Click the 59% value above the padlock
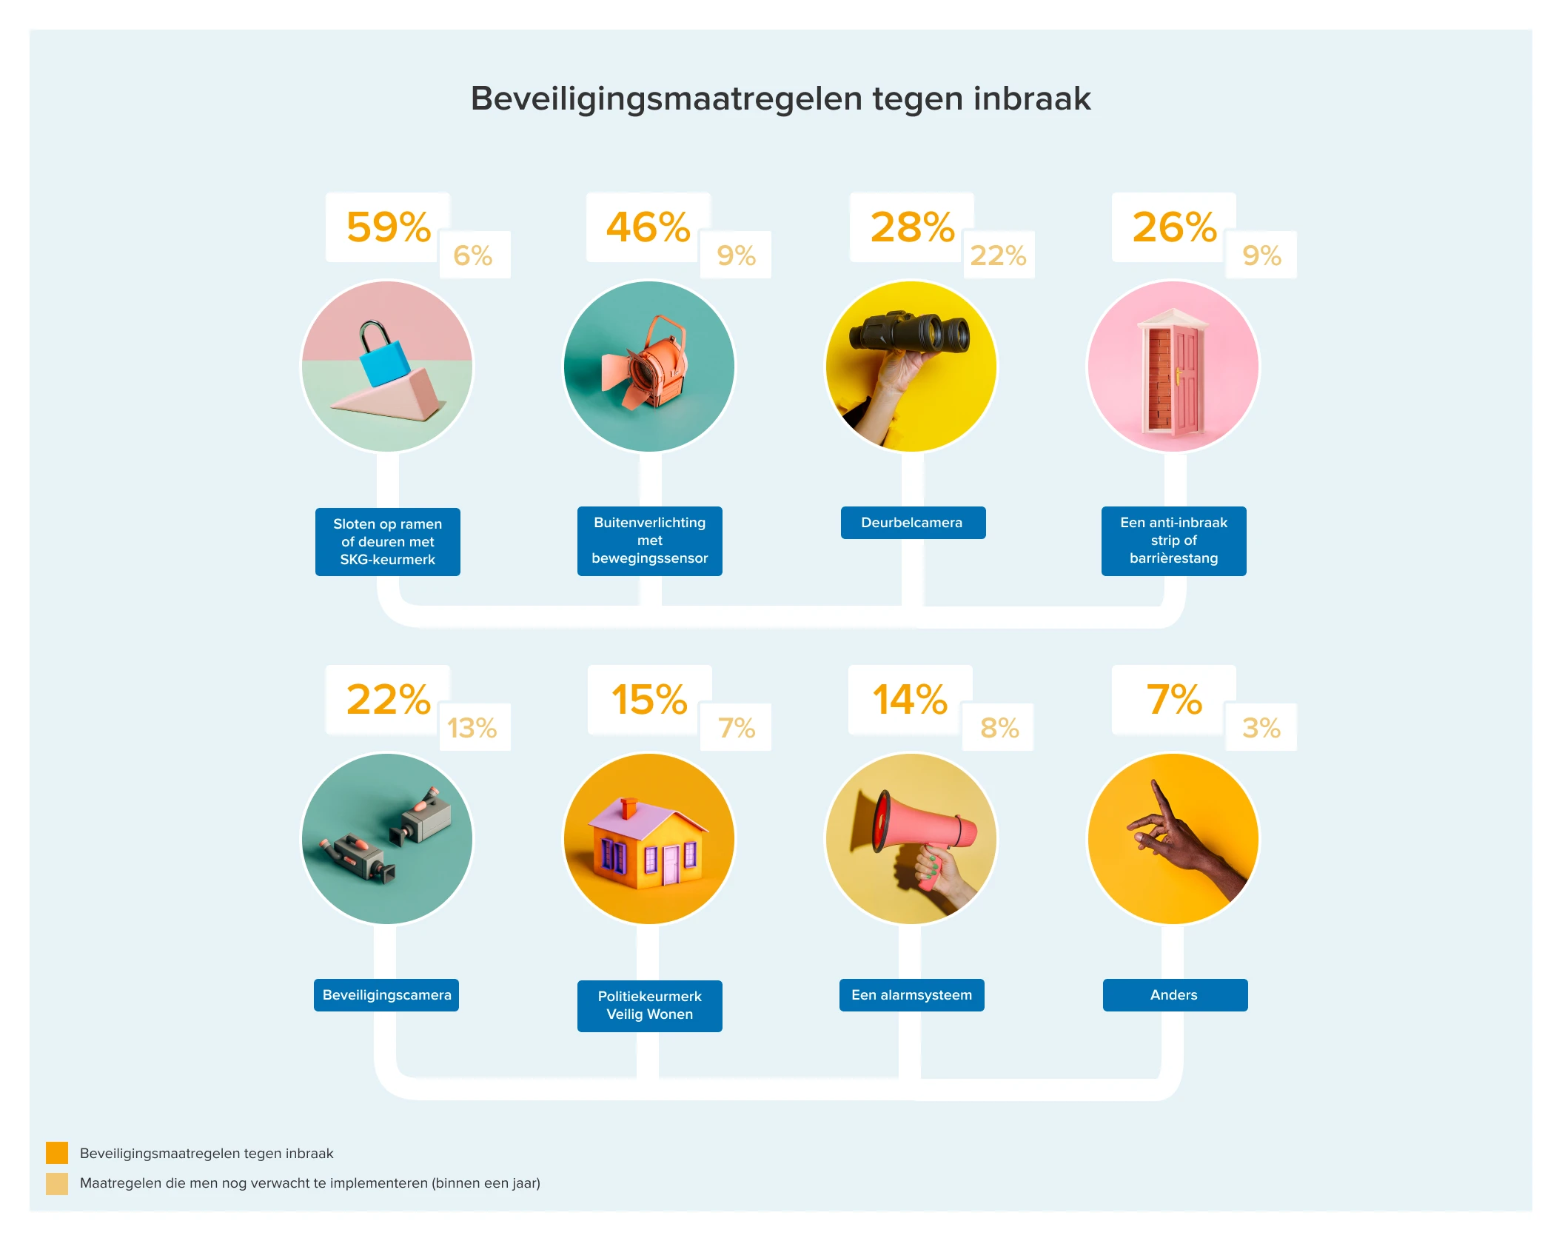pos(388,227)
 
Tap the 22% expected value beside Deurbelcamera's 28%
pos(998,255)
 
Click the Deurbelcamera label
pos(912,523)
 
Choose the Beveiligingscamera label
pos(386,995)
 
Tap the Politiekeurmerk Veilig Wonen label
pos(649,1006)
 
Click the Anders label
pos(1174,995)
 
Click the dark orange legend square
pos(57,1153)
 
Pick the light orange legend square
pos(57,1183)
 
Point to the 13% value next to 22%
pos(472,728)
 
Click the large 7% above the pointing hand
pos(1174,700)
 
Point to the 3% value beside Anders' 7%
pos(1261,728)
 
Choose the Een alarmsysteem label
pos(911,995)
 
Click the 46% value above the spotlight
pos(648,227)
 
